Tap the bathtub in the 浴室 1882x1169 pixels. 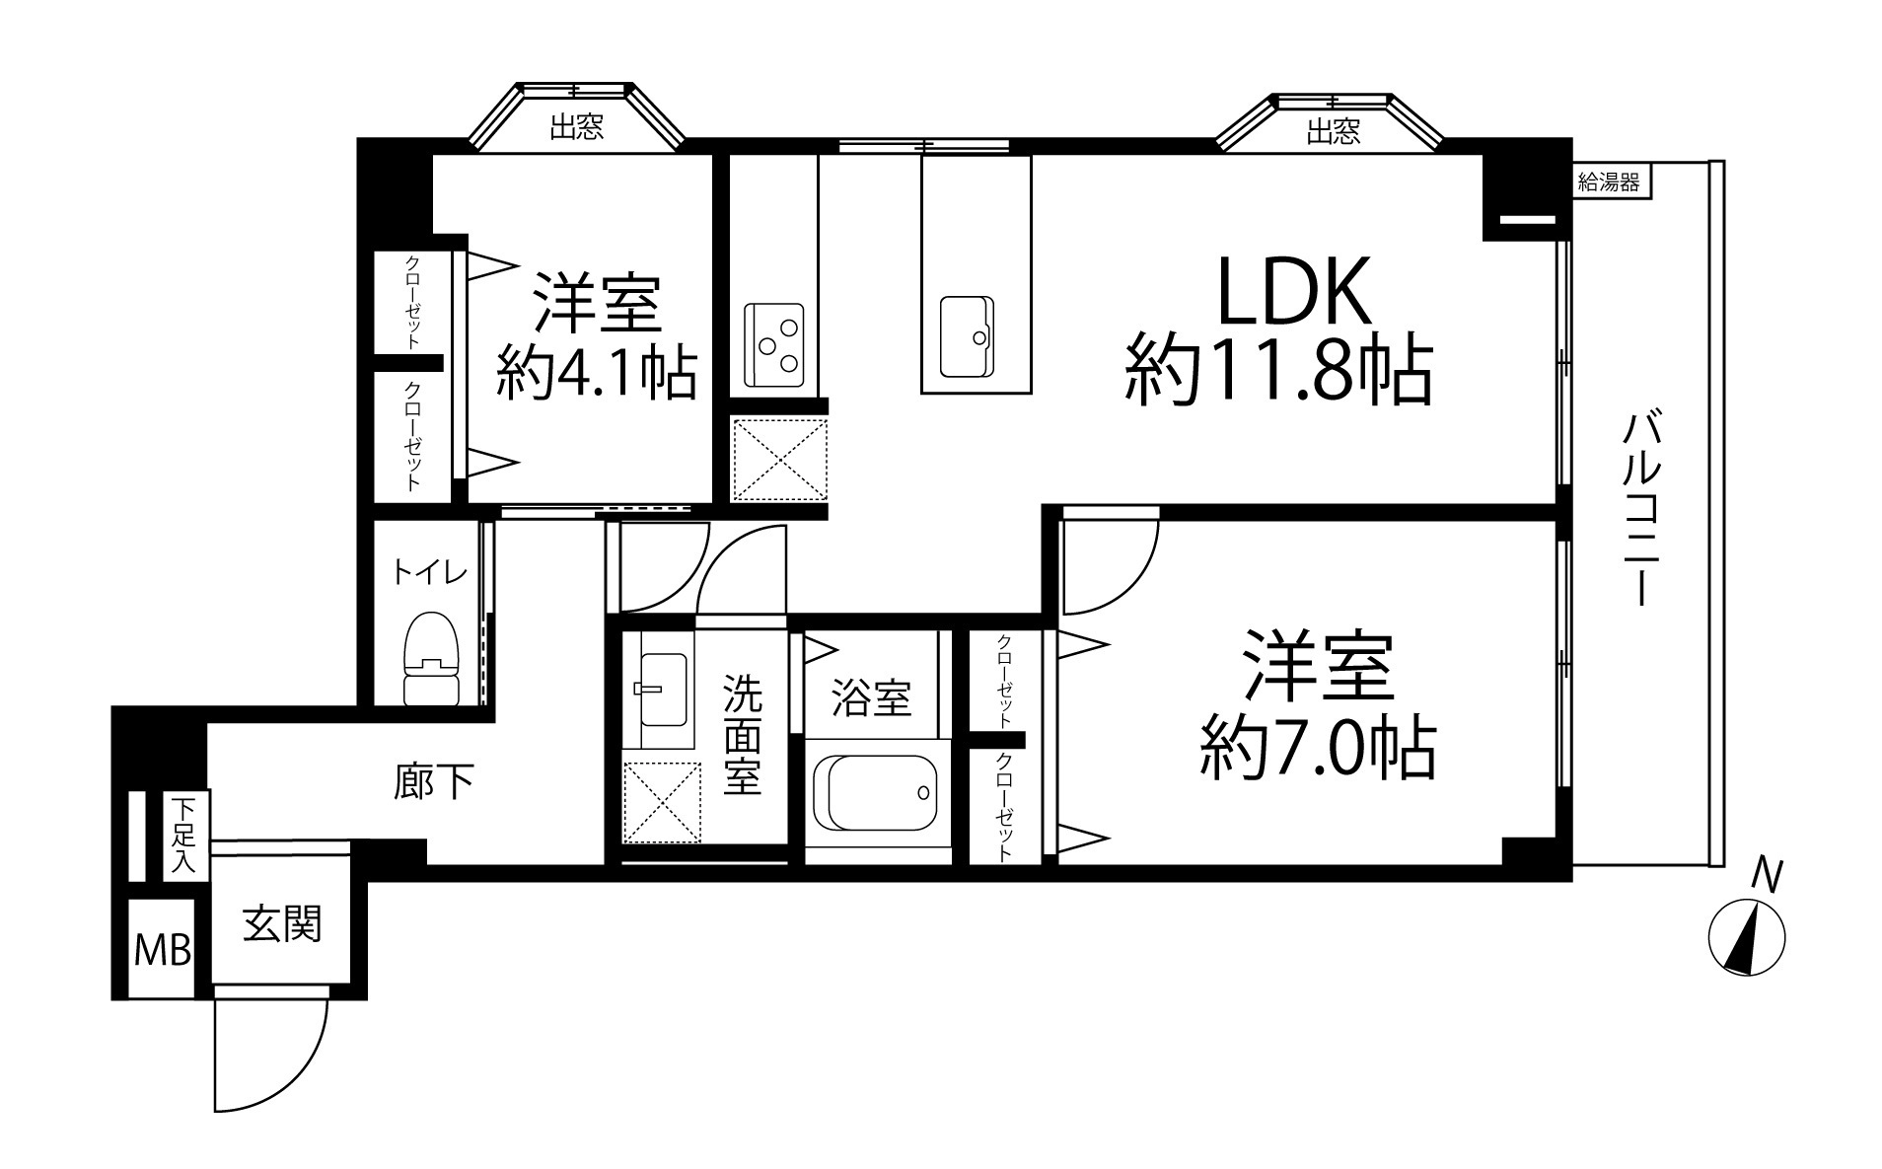[x=877, y=792]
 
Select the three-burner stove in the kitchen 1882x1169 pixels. [x=774, y=344]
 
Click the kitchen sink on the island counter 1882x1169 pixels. [x=967, y=336]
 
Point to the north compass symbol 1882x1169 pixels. [x=1747, y=937]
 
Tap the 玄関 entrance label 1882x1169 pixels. [x=282, y=924]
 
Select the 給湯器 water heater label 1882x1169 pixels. [x=1610, y=182]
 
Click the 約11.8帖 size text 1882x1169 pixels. [x=1278, y=371]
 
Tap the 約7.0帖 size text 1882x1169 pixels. [x=1318, y=748]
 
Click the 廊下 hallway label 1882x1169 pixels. [x=433, y=782]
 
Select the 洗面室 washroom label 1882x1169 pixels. [x=743, y=735]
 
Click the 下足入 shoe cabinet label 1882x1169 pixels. [x=184, y=835]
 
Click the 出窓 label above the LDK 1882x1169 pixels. [x=1334, y=131]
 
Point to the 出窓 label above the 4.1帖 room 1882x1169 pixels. [x=577, y=126]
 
